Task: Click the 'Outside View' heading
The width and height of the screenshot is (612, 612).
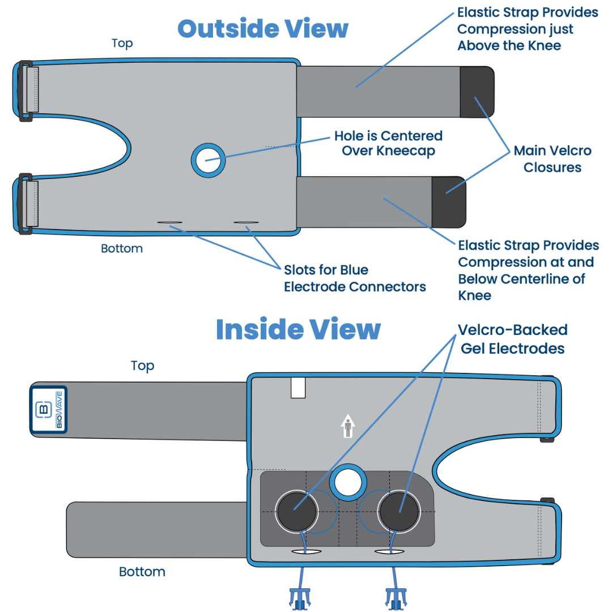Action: (x=263, y=28)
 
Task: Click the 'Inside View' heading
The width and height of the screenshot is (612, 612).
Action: (x=297, y=329)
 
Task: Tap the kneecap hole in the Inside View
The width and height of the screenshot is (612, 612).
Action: (x=347, y=483)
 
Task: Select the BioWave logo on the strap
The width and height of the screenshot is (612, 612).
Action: (x=49, y=410)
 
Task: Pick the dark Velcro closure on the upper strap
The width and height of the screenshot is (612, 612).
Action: (x=476, y=92)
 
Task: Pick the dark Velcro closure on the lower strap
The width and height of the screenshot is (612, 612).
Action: (x=448, y=202)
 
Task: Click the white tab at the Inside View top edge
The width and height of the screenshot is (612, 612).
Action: (x=298, y=388)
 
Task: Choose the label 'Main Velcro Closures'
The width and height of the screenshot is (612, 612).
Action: (x=552, y=159)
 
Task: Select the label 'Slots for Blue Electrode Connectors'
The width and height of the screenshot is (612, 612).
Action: (x=355, y=278)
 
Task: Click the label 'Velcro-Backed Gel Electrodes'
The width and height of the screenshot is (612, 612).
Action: (x=513, y=339)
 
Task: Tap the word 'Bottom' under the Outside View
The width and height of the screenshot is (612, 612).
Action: (x=122, y=249)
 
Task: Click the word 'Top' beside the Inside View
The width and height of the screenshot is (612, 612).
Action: (x=142, y=366)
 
